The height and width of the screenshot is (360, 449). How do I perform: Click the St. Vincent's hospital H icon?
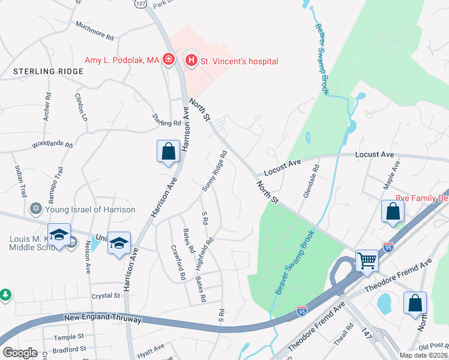click(191, 60)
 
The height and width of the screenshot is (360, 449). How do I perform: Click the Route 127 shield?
click(140, 3)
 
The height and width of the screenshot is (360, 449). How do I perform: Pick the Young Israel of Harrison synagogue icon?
click(35, 209)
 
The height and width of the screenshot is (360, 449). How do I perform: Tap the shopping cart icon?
click(367, 261)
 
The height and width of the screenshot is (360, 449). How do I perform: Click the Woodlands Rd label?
click(52, 145)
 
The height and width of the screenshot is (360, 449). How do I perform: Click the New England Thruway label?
click(103, 319)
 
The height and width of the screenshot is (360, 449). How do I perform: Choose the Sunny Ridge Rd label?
click(214, 171)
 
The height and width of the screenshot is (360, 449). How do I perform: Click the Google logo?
click(20, 353)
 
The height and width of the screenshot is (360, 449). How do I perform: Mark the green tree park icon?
click(5, 295)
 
